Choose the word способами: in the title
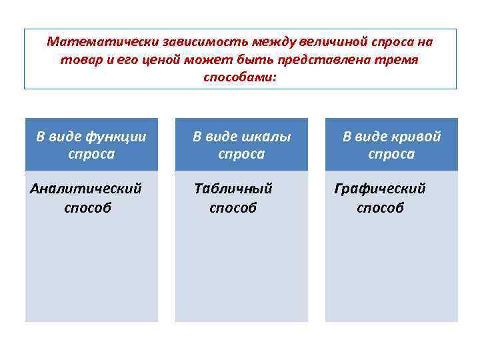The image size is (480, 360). pos(239,77)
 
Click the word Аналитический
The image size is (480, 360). pos(86,189)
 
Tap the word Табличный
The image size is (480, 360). pos(233,189)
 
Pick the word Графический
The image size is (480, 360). pos(380,189)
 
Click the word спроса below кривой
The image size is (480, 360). pos(391,155)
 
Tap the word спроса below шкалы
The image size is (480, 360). pos(241,155)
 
